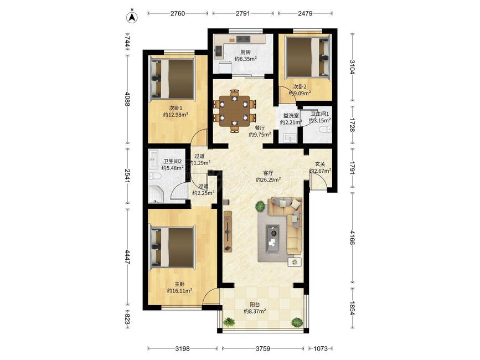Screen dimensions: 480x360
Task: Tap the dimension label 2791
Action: point(242,13)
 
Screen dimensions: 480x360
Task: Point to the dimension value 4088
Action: point(127,100)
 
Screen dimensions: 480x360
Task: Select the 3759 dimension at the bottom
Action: point(263,348)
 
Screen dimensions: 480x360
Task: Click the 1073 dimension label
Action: point(321,348)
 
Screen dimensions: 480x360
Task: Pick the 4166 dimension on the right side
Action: point(352,238)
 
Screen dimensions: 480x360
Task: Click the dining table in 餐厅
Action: point(235,111)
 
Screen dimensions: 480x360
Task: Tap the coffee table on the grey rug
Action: point(272,239)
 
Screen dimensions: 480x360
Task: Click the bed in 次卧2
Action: point(308,57)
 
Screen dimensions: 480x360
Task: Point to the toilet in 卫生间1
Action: point(325,130)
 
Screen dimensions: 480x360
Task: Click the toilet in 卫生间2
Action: point(155,176)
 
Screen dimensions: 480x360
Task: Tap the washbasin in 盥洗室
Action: point(290,138)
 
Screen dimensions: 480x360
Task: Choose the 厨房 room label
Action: point(245,52)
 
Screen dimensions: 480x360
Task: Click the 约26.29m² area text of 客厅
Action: point(269,179)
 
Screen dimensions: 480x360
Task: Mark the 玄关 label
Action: point(320,164)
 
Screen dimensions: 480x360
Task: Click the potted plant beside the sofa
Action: point(260,207)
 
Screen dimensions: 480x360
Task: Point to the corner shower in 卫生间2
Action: point(156,194)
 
